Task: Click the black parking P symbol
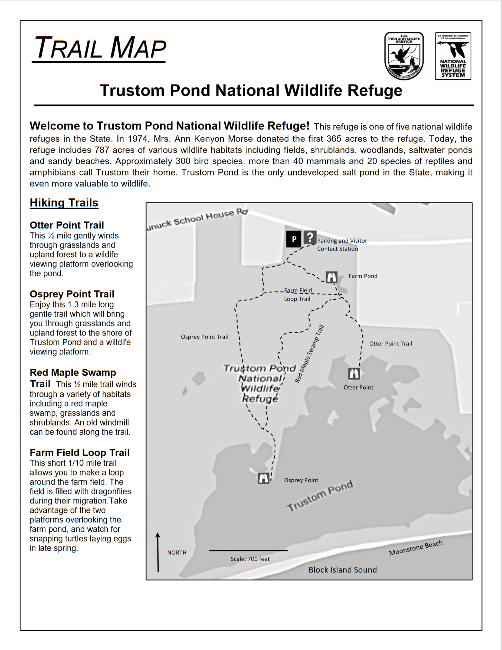pos(294,239)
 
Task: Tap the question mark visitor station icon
pos(310,238)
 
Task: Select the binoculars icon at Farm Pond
pos(331,277)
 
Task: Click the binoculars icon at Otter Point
pos(354,373)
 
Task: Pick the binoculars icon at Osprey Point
pos(264,478)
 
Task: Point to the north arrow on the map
pos(158,552)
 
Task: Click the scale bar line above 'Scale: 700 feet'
pos(248,551)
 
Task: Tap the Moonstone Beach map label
pos(416,548)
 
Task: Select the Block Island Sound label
pos(343,570)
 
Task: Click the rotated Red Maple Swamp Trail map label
pos(309,353)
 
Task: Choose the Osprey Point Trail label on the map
pos(205,337)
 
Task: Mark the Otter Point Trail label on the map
pos(391,344)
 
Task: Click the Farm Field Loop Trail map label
pos(298,294)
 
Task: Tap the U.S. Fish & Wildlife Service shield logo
pos(404,56)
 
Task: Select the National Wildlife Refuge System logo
pos(453,56)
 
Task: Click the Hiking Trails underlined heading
pos(64,203)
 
